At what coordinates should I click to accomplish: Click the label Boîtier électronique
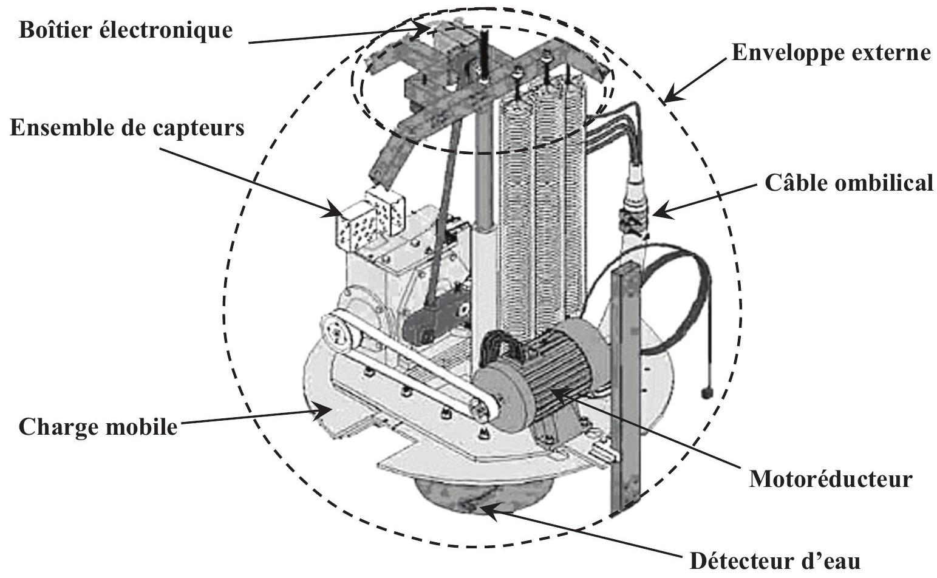click(126, 30)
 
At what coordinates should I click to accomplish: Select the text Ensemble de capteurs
click(127, 127)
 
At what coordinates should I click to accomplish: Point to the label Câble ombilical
click(849, 183)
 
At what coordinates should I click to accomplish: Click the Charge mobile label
click(98, 427)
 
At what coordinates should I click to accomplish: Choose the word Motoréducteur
click(831, 479)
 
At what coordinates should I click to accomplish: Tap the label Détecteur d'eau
click(775, 561)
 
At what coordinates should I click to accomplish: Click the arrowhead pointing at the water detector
click(487, 511)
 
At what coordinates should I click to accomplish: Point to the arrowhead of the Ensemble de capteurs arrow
click(333, 209)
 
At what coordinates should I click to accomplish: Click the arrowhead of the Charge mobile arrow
click(321, 410)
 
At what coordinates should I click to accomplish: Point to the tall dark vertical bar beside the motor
click(626, 389)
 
